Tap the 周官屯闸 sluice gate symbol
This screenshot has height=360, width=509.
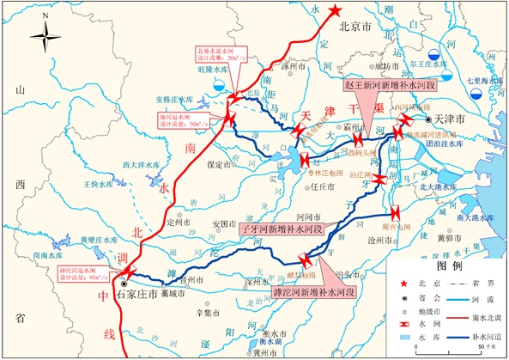tap(395, 213)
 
